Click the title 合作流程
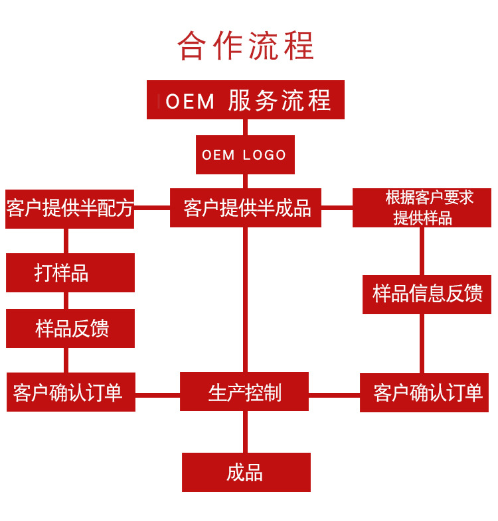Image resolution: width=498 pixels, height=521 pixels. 246,46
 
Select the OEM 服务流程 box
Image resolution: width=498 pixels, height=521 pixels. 246,99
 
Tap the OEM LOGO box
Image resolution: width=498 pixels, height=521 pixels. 245,155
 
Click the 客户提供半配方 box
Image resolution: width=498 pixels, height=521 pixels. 70,209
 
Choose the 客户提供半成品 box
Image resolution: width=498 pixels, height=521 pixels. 246,208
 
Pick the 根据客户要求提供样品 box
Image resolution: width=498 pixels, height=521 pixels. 422,208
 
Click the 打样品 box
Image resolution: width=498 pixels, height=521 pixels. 70,273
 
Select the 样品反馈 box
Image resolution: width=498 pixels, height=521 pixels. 70,328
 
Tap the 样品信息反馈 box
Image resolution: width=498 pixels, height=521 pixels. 427,294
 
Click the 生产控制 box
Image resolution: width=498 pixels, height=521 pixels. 244,392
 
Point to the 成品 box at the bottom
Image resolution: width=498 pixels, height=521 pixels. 246,472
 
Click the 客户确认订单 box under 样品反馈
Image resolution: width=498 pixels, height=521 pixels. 71,392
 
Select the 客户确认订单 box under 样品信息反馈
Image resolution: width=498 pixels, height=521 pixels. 424,393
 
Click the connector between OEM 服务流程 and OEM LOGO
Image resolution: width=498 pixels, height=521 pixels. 245,127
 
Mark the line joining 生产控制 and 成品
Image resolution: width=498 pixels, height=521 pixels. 245,432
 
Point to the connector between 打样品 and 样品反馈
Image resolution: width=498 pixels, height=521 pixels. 66,301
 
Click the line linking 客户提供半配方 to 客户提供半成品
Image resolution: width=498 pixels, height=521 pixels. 152,208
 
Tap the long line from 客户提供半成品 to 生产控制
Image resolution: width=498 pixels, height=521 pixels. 245,300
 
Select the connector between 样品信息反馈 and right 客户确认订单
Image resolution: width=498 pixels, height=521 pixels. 422,343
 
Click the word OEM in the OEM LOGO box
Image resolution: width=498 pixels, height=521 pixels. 218,155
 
